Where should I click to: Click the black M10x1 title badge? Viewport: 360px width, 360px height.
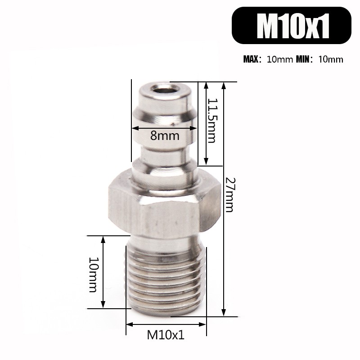(291, 25)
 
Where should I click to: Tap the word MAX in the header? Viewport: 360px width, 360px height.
(251, 59)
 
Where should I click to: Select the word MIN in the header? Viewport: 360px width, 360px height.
(303, 59)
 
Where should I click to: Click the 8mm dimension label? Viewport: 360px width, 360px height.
(165, 136)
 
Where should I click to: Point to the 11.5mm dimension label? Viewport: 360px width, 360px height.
(211, 121)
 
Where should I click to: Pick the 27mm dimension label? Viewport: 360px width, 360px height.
(229, 195)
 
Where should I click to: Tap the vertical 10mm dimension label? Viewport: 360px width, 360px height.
(93, 275)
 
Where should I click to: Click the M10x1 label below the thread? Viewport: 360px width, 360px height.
(166, 335)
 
